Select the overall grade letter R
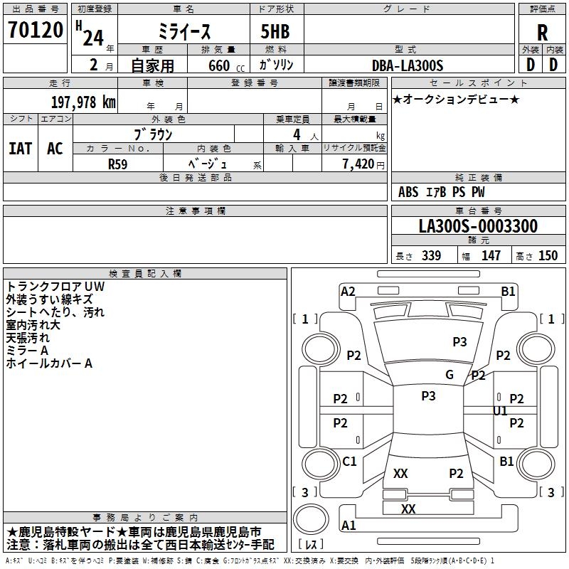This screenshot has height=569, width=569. [543, 32]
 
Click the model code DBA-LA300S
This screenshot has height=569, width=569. [408, 65]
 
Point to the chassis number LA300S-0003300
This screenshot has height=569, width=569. [478, 227]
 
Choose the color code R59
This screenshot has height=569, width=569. [118, 164]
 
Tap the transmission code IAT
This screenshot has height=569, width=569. [21, 148]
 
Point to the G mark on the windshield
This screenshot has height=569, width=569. [449, 375]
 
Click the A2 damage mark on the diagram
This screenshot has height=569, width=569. [348, 291]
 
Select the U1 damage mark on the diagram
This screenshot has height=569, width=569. [501, 411]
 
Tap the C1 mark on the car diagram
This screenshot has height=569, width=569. [349, 462]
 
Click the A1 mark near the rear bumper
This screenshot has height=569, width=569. [349, 525]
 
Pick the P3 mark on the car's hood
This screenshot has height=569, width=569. [460, 342]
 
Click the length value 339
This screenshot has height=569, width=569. [430, 256]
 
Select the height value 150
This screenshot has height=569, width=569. [548, 256]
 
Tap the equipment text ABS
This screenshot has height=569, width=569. [408, 192]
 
